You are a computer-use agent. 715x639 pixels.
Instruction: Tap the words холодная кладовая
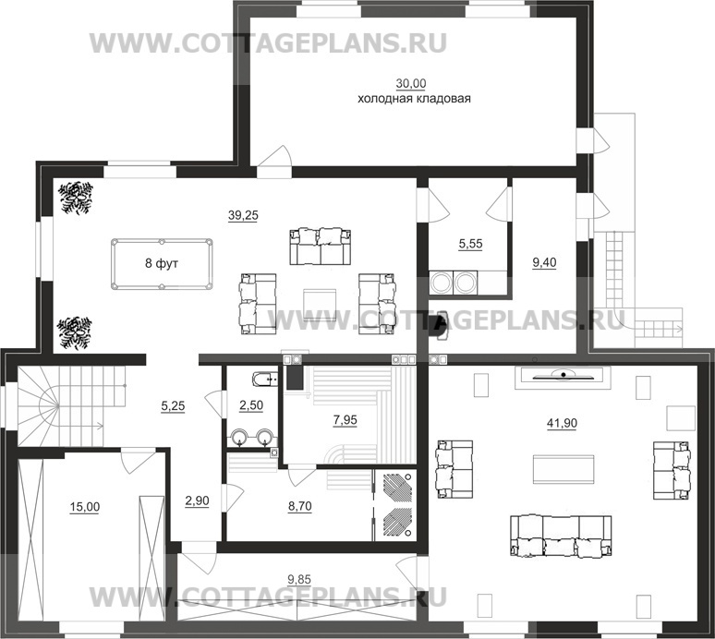point(414,98)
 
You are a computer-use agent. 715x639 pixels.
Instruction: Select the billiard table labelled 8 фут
point(162,263)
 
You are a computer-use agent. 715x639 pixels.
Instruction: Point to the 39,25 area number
point(243,215)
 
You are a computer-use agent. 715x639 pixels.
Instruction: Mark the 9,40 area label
point(546,262)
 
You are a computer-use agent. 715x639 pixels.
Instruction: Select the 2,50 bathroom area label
point(251,405)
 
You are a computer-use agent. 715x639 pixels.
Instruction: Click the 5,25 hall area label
point(174,405)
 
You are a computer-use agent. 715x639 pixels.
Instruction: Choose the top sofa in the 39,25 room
point(317,245)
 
